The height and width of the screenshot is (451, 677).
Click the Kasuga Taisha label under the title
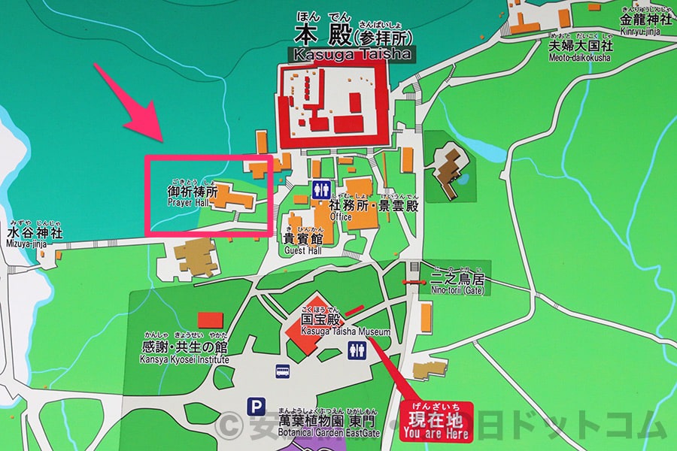point(349,55)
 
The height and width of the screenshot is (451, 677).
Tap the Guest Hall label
point(302,251)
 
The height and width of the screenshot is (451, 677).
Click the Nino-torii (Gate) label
point(457,291)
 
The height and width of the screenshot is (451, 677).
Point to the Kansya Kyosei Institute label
point(184,359)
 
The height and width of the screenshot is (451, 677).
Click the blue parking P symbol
point(257,407)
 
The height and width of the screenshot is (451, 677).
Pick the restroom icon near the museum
point(357,350)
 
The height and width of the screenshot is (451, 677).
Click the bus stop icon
point(284,370)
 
